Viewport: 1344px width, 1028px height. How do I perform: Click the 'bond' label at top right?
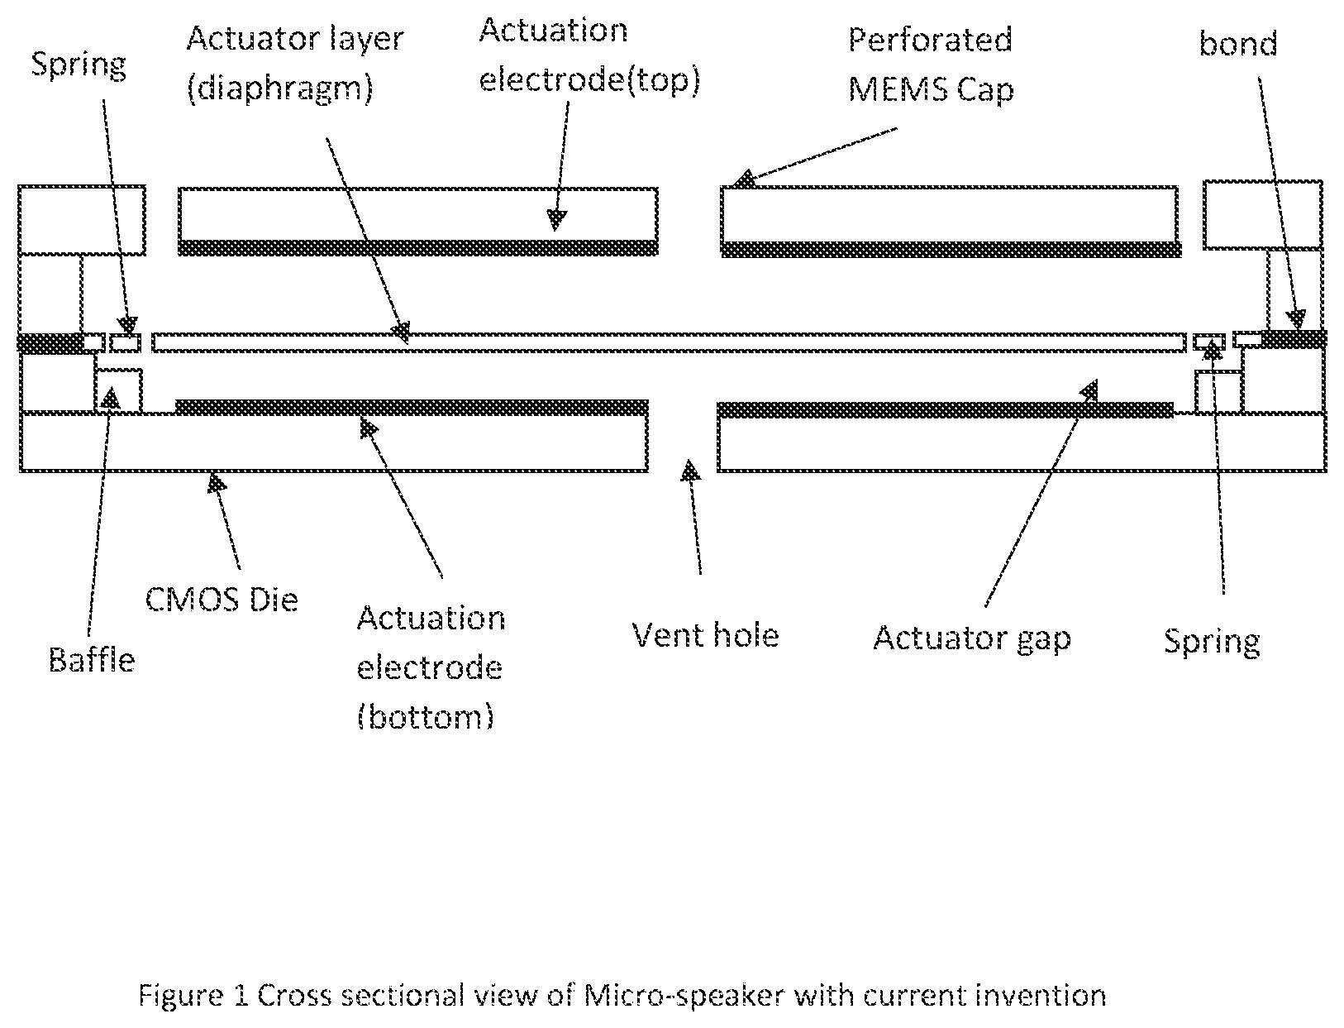point(1237,44)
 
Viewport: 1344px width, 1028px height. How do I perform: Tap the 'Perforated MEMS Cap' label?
point(931,65)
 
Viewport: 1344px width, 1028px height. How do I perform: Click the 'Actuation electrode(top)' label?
point(589,56)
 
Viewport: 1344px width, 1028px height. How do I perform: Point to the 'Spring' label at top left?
point(79,65)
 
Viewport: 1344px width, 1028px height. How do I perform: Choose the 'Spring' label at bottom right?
point(1212,643)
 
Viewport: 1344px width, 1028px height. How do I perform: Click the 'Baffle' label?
point(92,661)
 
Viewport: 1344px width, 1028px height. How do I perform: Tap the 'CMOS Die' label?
point(222,599)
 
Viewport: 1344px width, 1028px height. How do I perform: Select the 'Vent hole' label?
point(705,634)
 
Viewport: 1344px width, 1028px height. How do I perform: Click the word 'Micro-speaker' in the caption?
point(684,996)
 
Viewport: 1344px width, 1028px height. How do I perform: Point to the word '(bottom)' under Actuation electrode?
point(426,716)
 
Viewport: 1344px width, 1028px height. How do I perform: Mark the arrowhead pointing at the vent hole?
point(691,470)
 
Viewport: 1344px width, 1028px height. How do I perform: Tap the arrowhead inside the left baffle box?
point(110,398)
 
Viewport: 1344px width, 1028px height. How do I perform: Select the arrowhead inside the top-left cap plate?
point(556,220)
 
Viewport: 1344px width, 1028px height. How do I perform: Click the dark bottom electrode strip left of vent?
point(412,408)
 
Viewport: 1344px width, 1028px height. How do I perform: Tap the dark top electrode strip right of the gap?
point(951,249)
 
